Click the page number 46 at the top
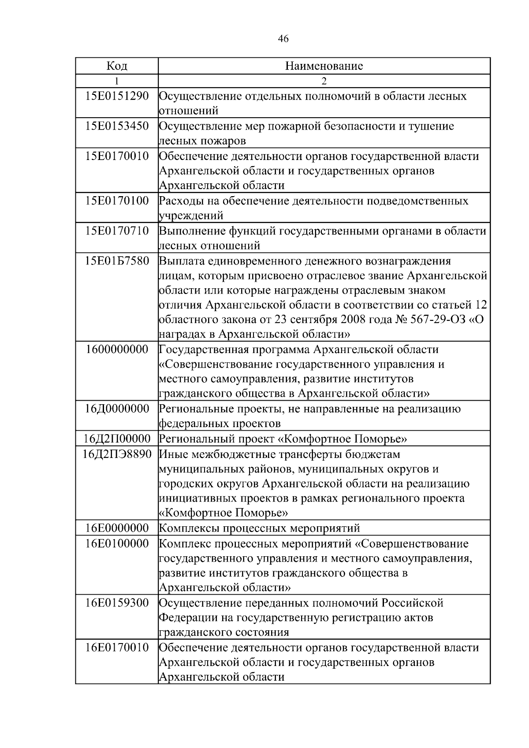point(283,39)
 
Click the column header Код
point(117,66)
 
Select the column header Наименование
point(324,66)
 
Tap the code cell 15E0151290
point(117,96)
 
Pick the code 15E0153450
point(117,126)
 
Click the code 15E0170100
point(117,201)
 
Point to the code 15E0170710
point(117,231)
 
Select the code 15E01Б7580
point(117,261)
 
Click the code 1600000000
point(117,350)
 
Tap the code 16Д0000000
point(117,409)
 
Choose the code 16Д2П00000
point(117,439)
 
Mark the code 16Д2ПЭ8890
point(117,454)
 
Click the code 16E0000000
point(117,528)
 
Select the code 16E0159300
point(117,603)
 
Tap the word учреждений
point(191,216)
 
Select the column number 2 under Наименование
point(324,81)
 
